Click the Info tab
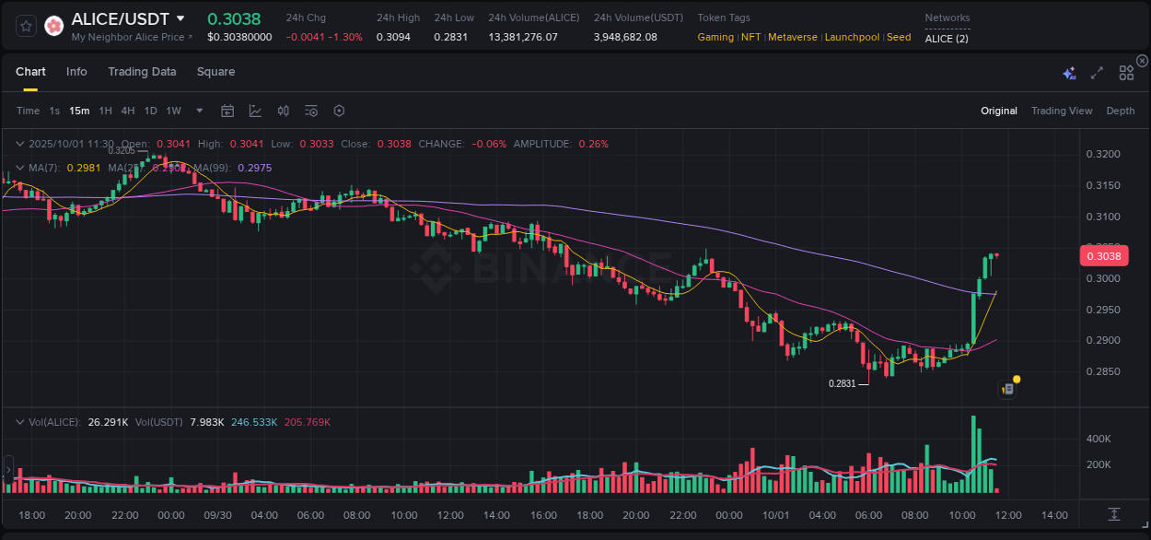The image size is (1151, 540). point(76,72)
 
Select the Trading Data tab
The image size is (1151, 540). point(142,72)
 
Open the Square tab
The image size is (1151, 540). point(215,72)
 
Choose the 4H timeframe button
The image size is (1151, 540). point(127,111)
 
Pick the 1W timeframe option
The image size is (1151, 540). point(173,111)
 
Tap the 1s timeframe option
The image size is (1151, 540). point(54,111)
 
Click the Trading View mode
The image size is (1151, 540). point(1061,111)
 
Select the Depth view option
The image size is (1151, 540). point(1120,111)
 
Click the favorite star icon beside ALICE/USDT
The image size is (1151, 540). point(26,26)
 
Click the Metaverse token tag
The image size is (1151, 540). point(792,37)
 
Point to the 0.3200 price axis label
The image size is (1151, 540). point(1103,154)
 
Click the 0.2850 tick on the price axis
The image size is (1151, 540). point(1103,371)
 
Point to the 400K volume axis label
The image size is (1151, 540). point(1099,439)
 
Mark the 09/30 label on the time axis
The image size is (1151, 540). point(217,515)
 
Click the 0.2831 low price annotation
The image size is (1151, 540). point(842,383)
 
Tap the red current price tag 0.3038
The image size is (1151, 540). point(1103,257)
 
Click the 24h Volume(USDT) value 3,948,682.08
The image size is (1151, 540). point(625,37)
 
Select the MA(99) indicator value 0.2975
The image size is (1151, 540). point(254,168)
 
